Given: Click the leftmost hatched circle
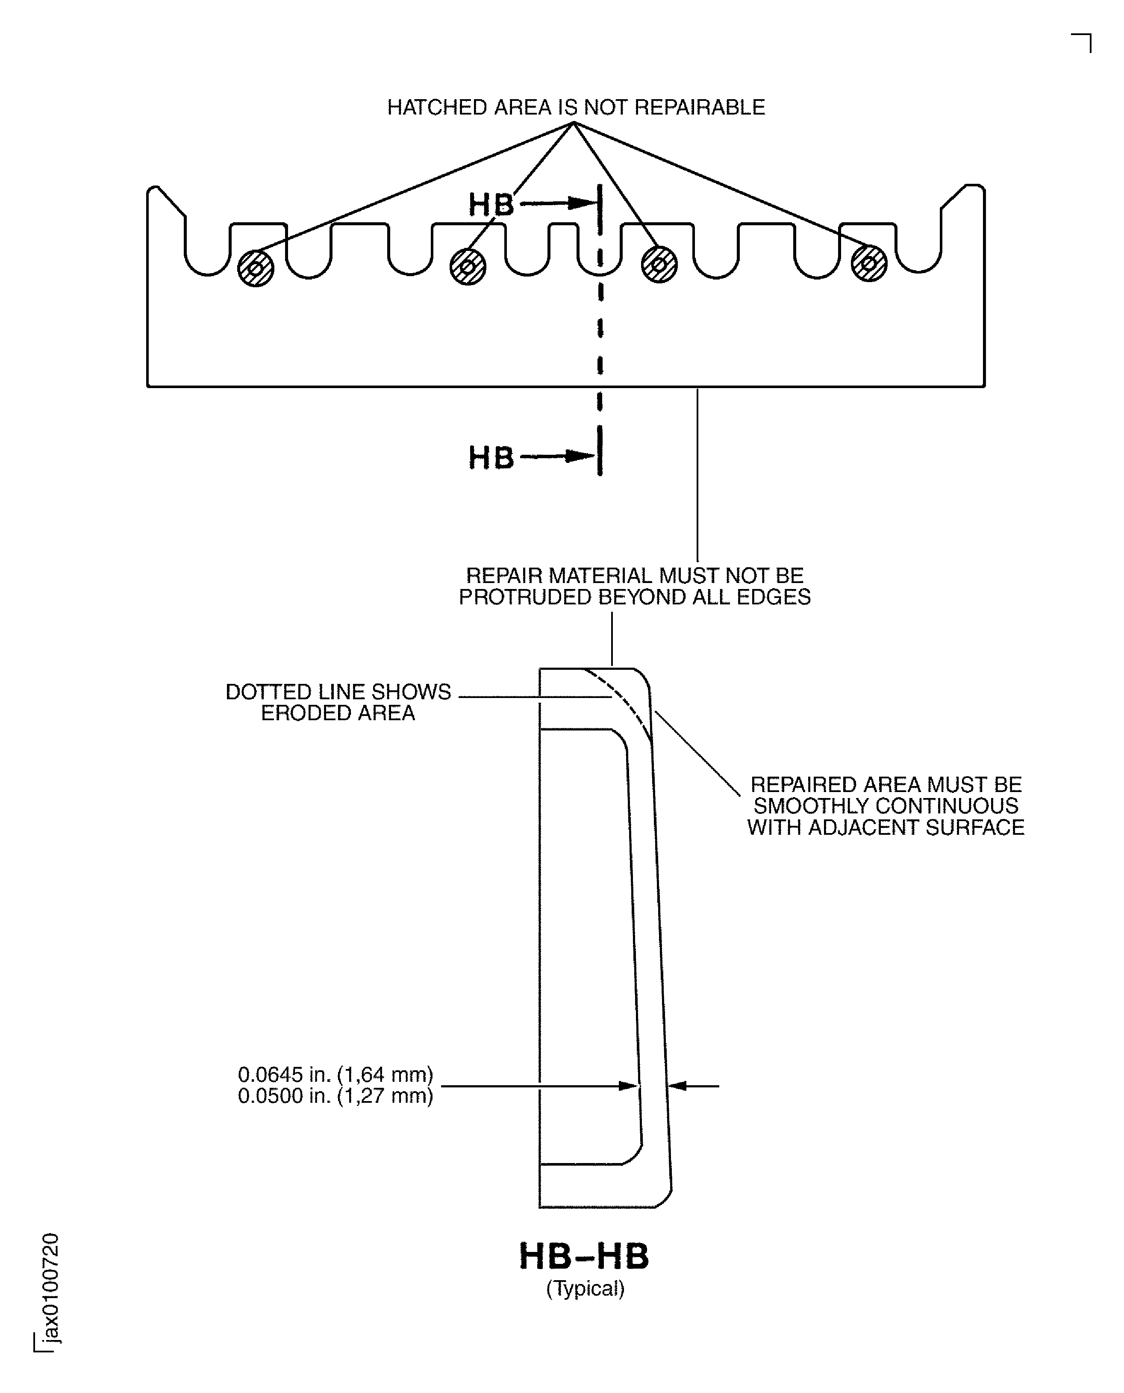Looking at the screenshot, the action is click(x=256, y=268).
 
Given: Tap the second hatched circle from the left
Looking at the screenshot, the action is click(x=468, y=267).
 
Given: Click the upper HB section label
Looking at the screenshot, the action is click(x=491, y=205).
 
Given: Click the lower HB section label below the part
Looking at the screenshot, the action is click(x=491, y=457).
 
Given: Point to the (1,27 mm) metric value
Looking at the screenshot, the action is click(x=385, y=1096).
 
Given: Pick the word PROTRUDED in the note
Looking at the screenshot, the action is click(x=525, y=597).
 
